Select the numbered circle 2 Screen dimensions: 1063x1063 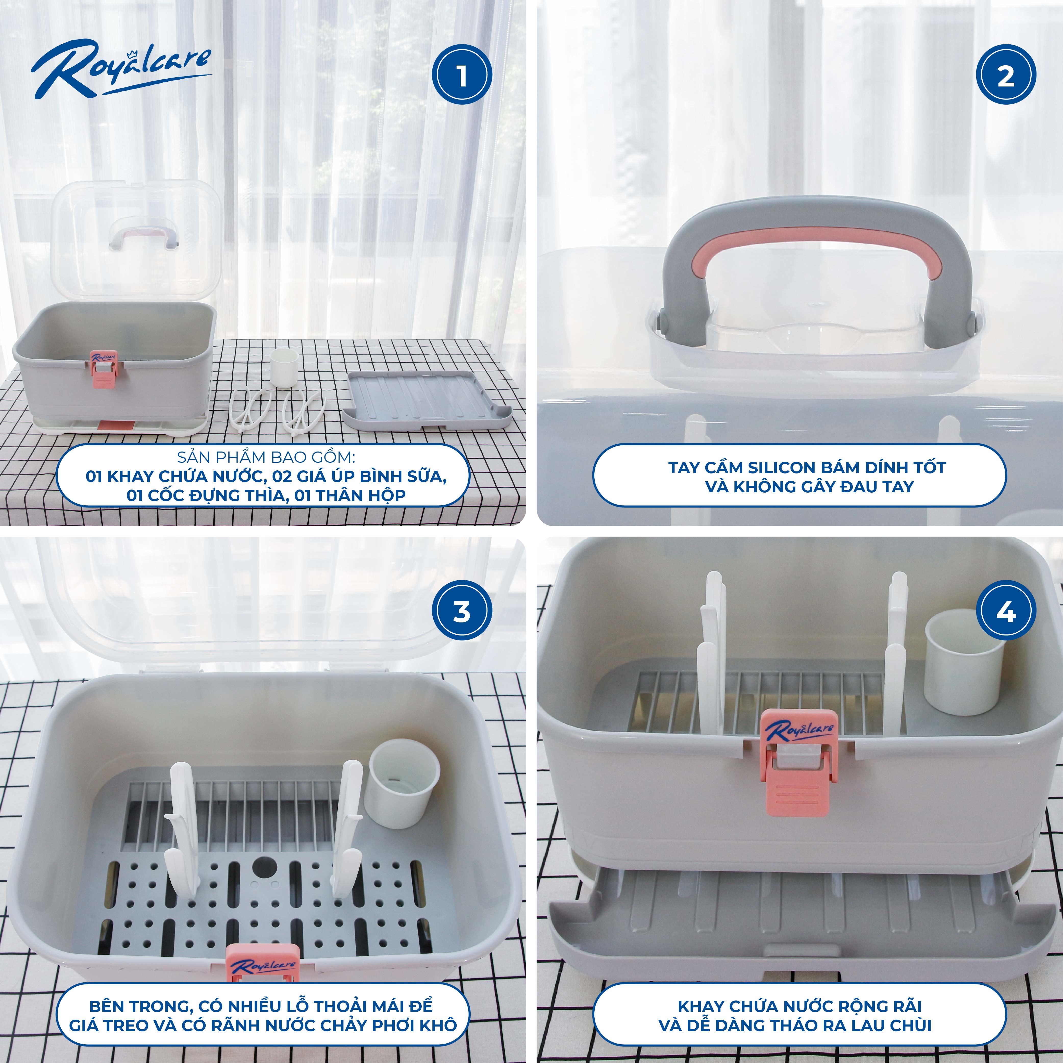coord(1006,75)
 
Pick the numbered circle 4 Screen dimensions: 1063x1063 coord(1006,612)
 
